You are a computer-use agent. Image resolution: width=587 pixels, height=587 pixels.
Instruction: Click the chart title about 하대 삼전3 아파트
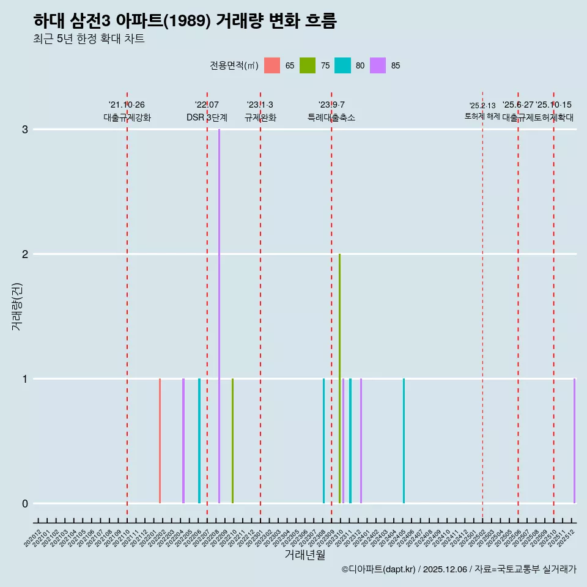[185, 21]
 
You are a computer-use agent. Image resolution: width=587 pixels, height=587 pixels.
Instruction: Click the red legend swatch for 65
[272, 65]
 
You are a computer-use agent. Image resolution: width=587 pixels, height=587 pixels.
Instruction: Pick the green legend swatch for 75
[308, 65]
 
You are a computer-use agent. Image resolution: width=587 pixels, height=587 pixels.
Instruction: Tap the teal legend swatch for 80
[343, 65]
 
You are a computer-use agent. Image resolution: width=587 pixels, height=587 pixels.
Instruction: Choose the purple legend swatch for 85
[378, 65]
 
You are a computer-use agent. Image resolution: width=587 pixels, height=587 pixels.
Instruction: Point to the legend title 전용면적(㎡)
[234, 65]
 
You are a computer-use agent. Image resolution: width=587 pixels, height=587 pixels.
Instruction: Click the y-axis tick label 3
[25, 129]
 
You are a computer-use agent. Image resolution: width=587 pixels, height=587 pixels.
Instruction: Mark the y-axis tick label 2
[25, 254]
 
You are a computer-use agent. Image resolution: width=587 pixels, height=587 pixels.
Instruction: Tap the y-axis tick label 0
[25, 503]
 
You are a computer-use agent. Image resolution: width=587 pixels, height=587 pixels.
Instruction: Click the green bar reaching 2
[339, 379]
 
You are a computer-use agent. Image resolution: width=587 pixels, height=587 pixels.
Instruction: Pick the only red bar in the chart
[160, 440]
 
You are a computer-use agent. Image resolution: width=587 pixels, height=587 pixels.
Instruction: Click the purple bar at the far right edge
[574, 440]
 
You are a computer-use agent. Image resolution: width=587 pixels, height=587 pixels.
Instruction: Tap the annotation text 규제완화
[260, 117]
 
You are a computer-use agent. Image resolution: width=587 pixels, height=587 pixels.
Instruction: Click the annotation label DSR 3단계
[207, 117]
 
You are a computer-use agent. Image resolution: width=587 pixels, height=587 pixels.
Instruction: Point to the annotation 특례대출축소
[331, 117]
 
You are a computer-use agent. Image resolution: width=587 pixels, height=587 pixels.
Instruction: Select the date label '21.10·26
[127, 105]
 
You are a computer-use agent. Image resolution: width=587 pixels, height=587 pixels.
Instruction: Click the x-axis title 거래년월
[305, 555]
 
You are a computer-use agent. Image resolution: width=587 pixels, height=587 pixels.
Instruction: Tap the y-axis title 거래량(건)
[17, 306]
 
